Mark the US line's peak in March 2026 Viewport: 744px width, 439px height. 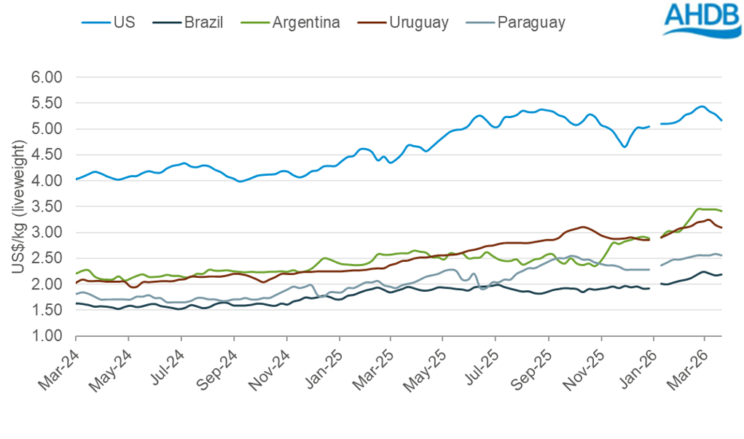pos(701,106)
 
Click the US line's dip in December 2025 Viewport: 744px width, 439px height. pos(624,147)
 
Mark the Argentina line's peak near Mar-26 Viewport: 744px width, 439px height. pos(700,209)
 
